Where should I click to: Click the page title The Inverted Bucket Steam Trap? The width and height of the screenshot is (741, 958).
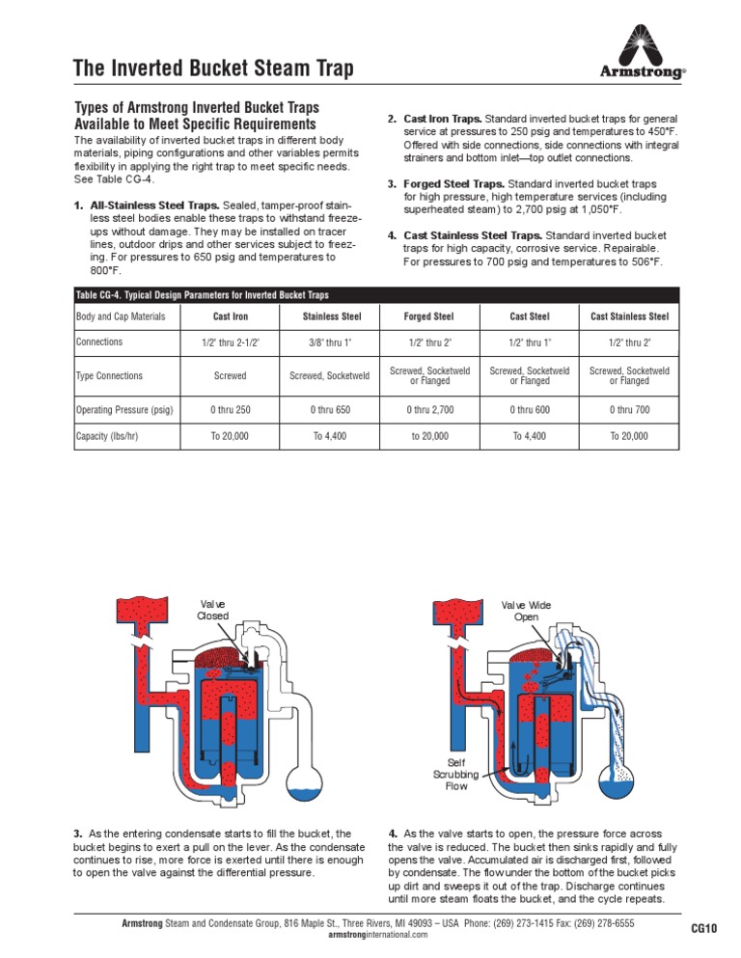coord(213,68)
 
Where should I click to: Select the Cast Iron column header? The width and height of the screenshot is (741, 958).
coord(231,316)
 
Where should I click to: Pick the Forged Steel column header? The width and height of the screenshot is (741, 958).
coord(429,316)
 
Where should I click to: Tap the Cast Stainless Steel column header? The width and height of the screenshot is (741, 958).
coord(629,316)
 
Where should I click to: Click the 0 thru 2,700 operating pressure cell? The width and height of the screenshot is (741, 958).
coord(429,410)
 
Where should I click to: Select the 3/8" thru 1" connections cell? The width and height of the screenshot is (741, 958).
coord(330,342)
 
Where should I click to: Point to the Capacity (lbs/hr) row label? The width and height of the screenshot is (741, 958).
coord(107,436)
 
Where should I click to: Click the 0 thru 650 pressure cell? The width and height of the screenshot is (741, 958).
coord(330,410)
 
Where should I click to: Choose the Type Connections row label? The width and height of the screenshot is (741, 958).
coord(109,376)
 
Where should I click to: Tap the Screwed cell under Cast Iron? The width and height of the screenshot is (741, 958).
coord(231,376)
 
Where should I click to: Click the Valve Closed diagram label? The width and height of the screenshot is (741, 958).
coord(212,610)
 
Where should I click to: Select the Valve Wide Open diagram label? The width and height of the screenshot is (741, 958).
coord(526,610)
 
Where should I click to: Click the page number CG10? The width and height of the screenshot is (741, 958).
coord(704,929)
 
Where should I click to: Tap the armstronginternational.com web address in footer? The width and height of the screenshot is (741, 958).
coord(371,936)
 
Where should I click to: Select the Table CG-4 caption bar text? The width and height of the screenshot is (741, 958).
coord(206,294)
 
